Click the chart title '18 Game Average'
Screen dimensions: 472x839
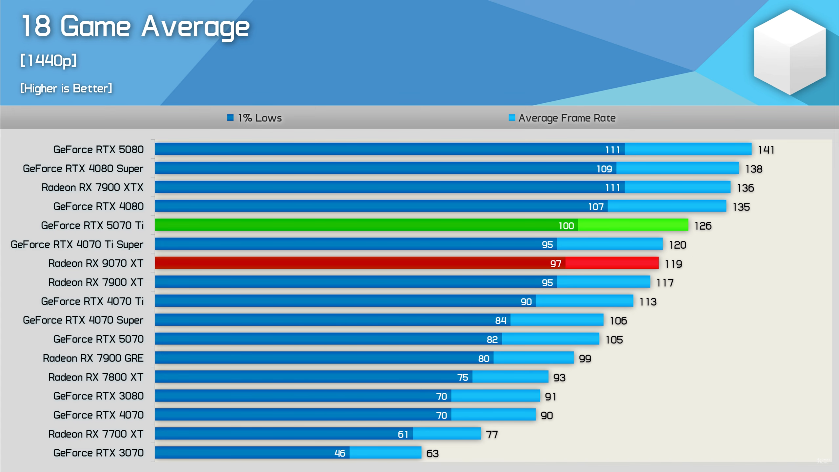tap(135, 26)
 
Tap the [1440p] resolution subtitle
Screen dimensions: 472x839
tap(48, 60)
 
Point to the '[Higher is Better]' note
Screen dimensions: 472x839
tap(66, 88)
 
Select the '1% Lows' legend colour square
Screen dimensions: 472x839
tap(230, 117)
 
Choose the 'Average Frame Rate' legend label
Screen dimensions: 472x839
tap(567, 118)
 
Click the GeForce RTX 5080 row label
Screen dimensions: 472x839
tap(98, 150)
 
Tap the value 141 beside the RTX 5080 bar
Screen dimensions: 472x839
tap(766, 150)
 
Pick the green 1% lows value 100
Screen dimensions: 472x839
tap(566, 226)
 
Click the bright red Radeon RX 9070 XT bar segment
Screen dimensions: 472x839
tap(612, 263)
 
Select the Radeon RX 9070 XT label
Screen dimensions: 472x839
tap(96, 263)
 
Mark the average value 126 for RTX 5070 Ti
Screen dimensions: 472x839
tap(703, 226)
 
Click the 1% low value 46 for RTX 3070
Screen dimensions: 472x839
tap(340, 453)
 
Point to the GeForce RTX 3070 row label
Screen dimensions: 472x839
tap(98, 453)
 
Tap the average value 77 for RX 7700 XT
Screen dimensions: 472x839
tap(492, 435)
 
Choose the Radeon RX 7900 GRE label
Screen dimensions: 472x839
tap(93, 358)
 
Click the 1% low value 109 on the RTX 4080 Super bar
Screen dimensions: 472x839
tap(604, 169)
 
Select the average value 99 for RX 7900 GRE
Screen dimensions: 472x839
tap(585, 359)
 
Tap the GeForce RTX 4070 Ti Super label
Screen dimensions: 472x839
tap(77, 244)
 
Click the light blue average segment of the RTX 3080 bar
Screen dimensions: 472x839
tap(495, 396)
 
